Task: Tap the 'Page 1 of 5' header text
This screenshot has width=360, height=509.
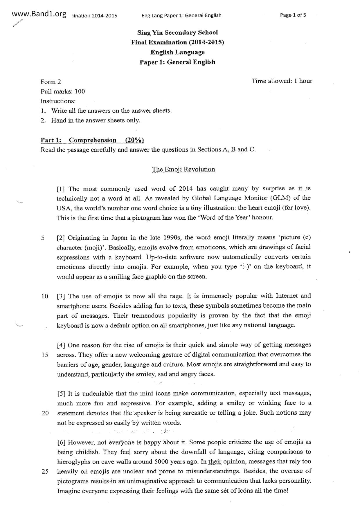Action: click(293, 15)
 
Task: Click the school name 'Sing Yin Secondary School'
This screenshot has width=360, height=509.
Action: click(178, 33)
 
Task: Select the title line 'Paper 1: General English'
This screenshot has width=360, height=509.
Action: click(177, 62)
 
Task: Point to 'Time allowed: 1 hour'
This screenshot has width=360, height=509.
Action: click(282, 81)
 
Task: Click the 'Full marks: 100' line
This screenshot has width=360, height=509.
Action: click(63, 91)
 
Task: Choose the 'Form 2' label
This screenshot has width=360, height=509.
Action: click(51, 82)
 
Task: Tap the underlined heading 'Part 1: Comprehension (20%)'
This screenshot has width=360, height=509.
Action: click(92, 140)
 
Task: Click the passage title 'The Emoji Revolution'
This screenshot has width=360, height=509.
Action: click(183, 169)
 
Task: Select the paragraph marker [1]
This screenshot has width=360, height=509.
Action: click(61, 189)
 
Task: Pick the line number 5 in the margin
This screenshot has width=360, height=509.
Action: click(43, 238)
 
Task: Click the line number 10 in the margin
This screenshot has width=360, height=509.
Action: click(45, 296)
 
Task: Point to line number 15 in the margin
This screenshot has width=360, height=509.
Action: click(45, 355)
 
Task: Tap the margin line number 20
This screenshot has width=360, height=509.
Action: click(45, 413)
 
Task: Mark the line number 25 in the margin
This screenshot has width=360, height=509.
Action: click(45, 472)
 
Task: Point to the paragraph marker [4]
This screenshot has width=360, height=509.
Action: click(61, 345)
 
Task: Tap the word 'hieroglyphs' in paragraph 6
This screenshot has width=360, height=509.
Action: click(73, 462)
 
